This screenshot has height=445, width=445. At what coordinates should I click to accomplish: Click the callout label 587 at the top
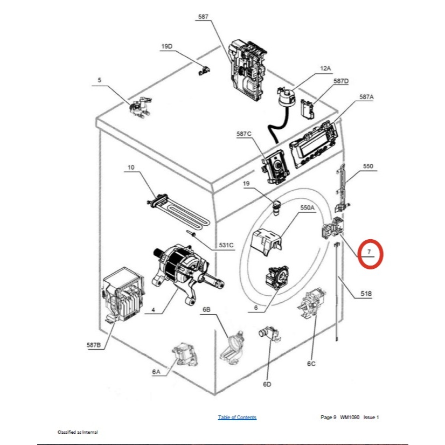coord(203,17)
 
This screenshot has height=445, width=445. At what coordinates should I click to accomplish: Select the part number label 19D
coord(167,46)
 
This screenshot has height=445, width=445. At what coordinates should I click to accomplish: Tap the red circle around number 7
coord(370,254)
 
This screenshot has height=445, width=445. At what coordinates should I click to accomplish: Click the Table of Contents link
coord(237,417)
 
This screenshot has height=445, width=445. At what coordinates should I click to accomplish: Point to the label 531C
coord(226,245)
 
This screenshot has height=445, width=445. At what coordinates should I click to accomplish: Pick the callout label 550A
coord(308,207)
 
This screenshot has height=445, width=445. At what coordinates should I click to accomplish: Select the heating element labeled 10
coord(178,211)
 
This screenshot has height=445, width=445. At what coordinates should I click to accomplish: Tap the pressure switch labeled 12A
coord(285,96)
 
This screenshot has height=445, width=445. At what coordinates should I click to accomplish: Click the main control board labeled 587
coord(248,70)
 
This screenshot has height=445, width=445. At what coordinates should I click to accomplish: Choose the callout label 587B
coord(94,345)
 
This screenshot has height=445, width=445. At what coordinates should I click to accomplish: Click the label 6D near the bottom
coord(267,384)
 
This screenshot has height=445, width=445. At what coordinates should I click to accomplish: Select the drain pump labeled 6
coord(277,277)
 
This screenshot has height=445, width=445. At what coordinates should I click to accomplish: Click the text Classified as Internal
coord(78,432)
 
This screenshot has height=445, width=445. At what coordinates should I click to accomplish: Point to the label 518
coord(366,294)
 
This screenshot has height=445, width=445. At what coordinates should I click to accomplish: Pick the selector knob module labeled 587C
coord(274,167)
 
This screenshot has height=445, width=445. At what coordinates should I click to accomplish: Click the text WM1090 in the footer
coord(350,418)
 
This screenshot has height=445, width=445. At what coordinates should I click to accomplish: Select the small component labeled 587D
coord(308,109)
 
